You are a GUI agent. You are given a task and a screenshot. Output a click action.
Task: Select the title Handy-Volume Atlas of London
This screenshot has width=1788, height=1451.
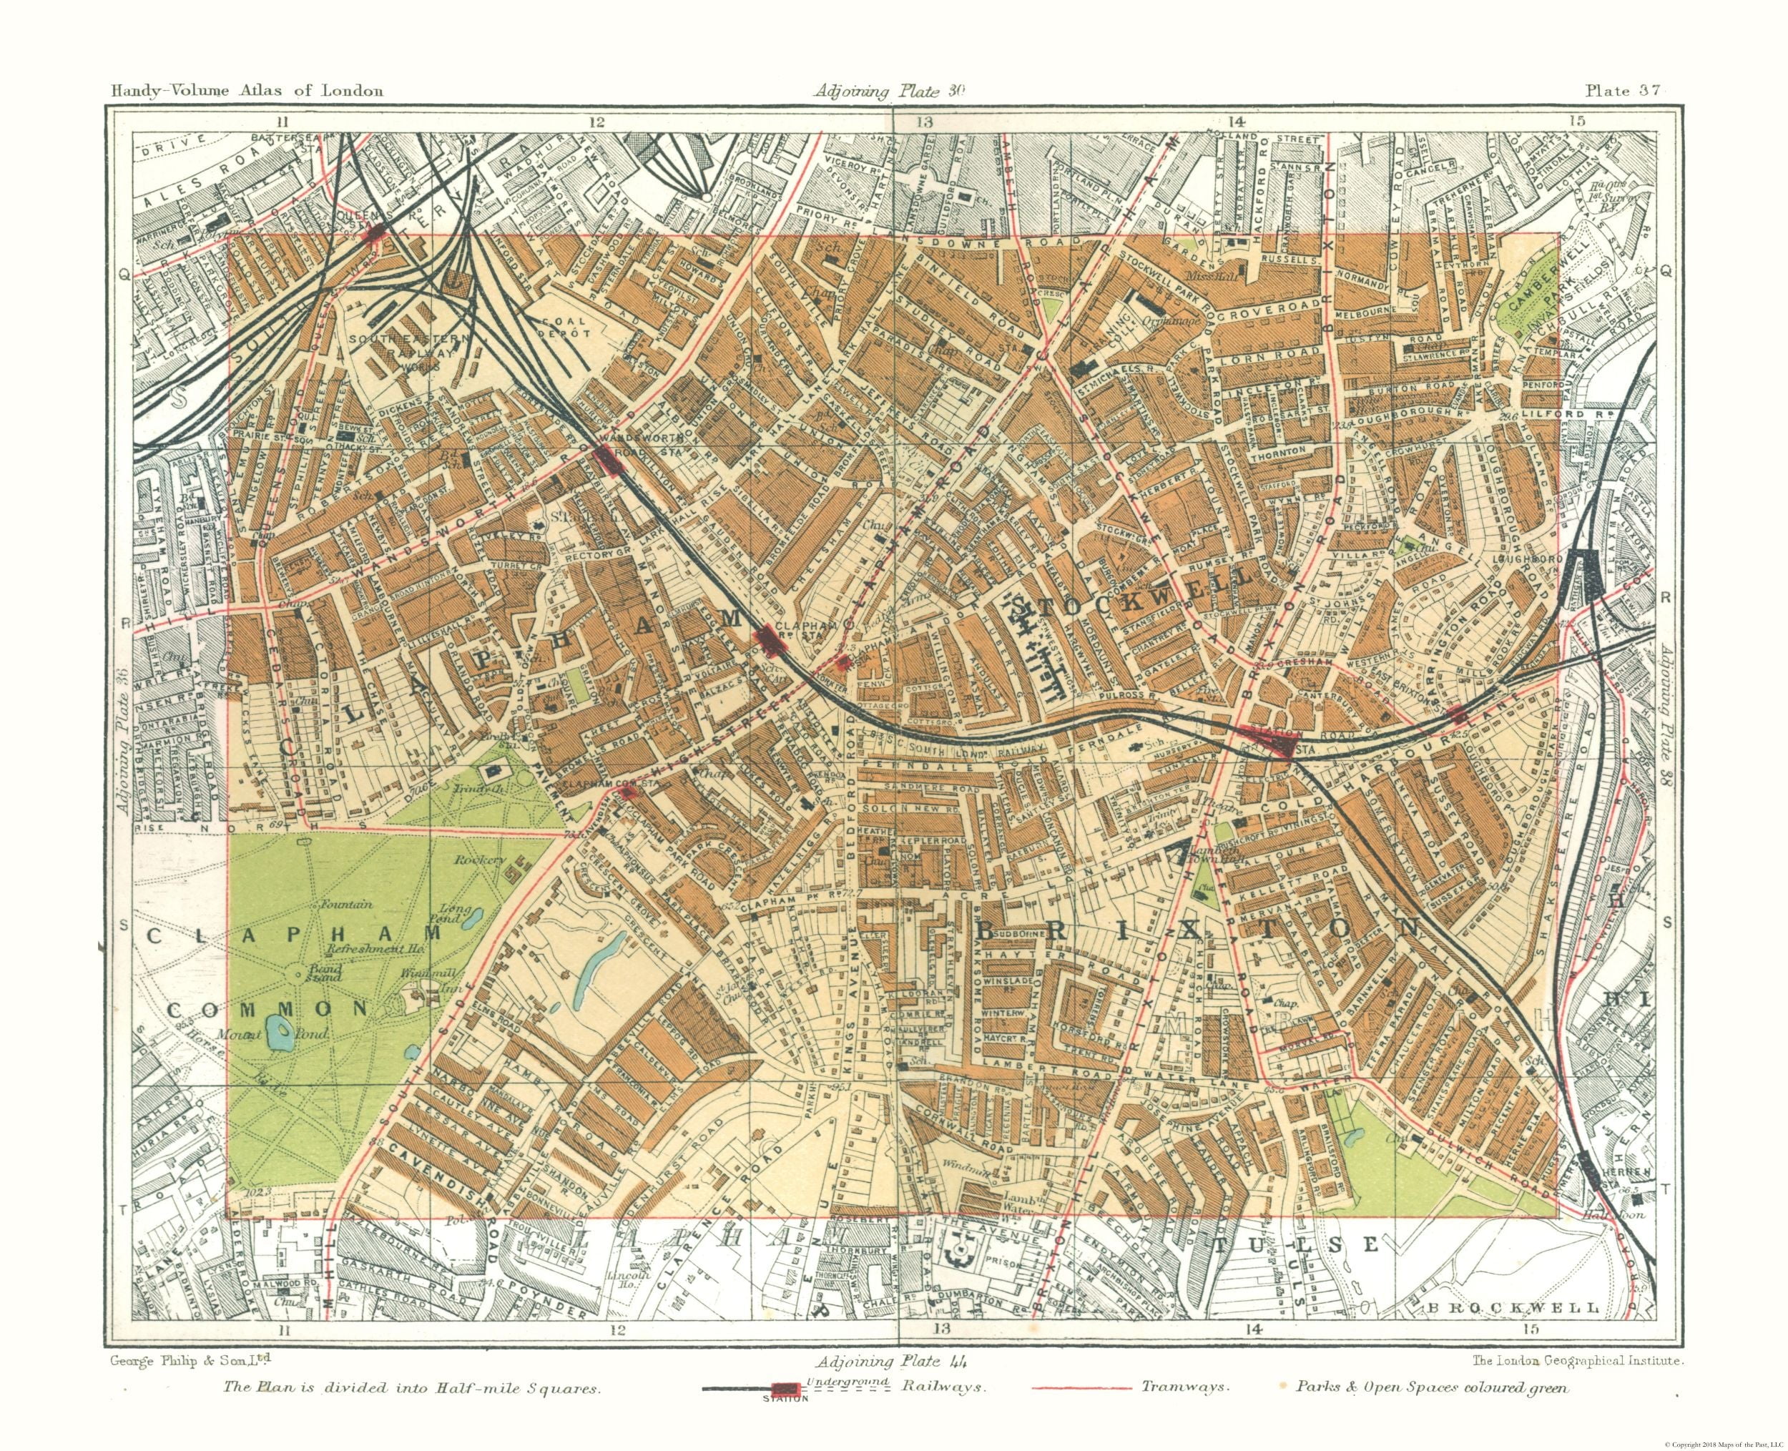[247, 90]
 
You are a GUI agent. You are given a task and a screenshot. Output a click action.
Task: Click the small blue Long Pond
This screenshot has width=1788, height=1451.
[471, 917]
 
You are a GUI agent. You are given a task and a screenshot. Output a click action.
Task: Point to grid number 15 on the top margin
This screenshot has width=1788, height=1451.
[1576, 120]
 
